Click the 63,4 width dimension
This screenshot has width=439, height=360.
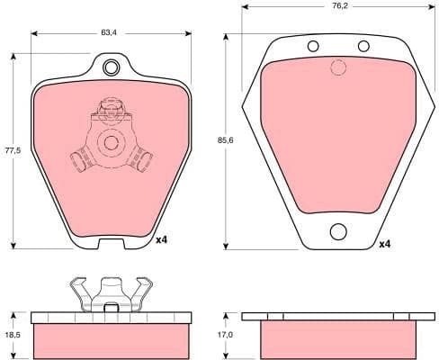[x=110, y=32]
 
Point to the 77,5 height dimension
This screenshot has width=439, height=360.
[x=12, y=150]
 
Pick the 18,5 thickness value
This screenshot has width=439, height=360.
[x=12, y=317]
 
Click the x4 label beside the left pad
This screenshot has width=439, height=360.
[x=162, y=240]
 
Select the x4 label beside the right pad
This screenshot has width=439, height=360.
[x=384, y=244]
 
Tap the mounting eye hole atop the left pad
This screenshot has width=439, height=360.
[x=112, y=67]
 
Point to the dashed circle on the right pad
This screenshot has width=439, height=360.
[x=338, y=67]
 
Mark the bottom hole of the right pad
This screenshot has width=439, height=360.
[x=338, y=231]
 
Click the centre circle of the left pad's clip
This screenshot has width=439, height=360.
[x=111, y=142]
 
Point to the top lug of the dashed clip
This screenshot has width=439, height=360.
[x=111, y=112]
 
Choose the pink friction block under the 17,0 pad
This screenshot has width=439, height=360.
[x=338, y=338]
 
